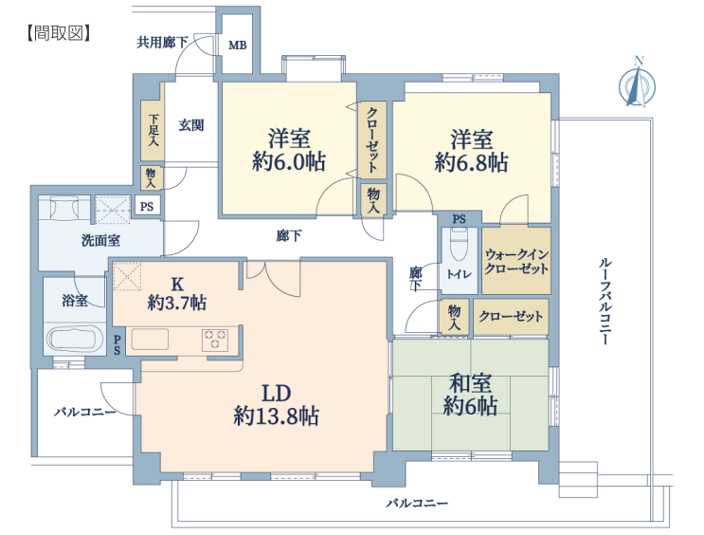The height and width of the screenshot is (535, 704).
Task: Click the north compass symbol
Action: click(637, 84)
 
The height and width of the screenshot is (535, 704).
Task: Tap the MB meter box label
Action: click(238, 45)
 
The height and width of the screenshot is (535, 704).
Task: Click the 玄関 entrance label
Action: click(191, 125)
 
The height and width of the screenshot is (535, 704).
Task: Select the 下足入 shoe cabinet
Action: click(152, 130)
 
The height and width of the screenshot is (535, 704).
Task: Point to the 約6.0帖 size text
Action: click(289, 161)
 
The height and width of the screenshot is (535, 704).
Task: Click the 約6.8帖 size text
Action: click(472, 162)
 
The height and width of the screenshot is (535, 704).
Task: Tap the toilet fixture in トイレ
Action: click(459, 244)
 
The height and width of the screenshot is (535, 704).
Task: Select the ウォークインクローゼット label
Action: click(516, 262)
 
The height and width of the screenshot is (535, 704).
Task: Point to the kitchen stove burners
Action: click(215, 340)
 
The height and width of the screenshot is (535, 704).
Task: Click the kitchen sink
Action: click(150, 339)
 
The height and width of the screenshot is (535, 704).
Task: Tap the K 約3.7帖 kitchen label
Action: click(177, 293)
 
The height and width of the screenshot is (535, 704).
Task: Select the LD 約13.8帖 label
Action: click(276, 405)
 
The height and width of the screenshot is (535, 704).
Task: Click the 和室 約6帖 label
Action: click(470, 395)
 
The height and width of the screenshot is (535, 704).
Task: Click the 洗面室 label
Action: click(100, 241)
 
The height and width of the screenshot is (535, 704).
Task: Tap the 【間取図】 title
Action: click(58, 33)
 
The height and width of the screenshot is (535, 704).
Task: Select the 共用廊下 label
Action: click(162, 43)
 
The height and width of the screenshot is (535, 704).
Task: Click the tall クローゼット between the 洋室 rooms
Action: click(372, 139)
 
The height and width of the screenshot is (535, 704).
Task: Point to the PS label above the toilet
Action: click(459, 219)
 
